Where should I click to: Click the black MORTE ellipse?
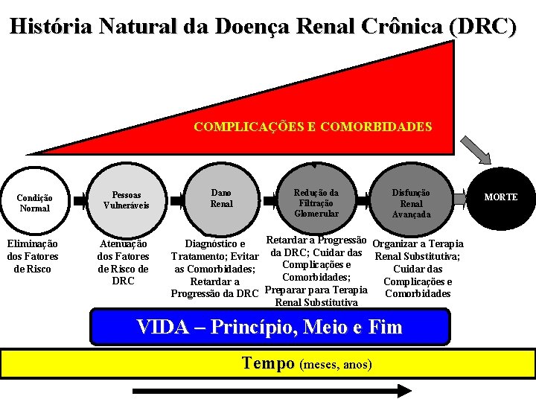[x=500, y=198]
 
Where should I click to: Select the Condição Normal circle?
[x=34, y=202]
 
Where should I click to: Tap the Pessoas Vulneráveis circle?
[x=126, y=200]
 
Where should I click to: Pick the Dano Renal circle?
[x=221, y=199]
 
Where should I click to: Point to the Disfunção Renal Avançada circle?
[x=411, y=203]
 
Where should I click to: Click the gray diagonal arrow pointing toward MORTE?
[x=474, y=150]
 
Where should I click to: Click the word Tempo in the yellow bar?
[x=268, y=363]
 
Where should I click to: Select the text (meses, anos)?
[x=335, y=365]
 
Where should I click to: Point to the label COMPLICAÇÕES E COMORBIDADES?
[x=313, y=127]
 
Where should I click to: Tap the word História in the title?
[x=51, y=27]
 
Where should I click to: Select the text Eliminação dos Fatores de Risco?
[x=33, y=256]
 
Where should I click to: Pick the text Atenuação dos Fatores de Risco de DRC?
[x=123, y=262]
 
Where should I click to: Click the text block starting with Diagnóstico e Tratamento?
[x=216, y=268]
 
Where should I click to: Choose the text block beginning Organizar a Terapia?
[x=418, y=268]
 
